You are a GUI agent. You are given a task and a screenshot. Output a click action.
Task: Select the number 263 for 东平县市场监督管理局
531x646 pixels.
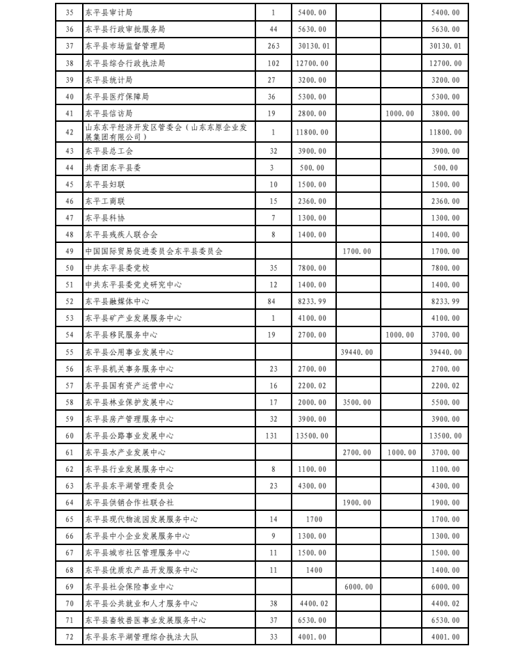coord(273,46)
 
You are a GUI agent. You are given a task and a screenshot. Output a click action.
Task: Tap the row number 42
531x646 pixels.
coord(68,132)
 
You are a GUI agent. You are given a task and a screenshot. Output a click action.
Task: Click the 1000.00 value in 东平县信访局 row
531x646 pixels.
coord(400,113)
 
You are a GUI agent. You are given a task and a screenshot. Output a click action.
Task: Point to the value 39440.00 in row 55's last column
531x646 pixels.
coord(445,352)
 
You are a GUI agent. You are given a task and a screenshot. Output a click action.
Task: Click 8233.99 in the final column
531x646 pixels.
coord(445,301)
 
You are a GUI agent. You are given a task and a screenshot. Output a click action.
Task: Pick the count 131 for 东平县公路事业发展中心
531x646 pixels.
coord(273,436)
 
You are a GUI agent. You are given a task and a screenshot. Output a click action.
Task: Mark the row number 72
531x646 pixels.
coord(68,637)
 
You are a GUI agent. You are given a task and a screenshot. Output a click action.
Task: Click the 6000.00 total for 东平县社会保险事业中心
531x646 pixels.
coord(445,587)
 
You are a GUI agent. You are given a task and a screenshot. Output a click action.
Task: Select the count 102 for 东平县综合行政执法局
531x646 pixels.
coord(273,63)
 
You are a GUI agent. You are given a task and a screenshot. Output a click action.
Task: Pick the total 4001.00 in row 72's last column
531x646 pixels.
coord(445,637)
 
